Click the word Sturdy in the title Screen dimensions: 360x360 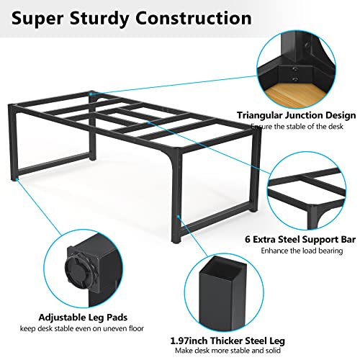[99, 19]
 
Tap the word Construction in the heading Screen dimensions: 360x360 [194, 18]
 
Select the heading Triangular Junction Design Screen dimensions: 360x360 [296, 115]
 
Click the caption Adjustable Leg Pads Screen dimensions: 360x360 [83, 318]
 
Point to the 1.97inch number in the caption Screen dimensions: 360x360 [189, 341]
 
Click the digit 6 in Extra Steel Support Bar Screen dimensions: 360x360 [248, 239]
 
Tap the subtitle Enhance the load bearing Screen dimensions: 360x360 [302, 251]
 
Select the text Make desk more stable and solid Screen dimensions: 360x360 [228, 351]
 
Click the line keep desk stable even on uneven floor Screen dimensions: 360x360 [82, 328]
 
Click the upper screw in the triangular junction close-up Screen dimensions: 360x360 [295, 69]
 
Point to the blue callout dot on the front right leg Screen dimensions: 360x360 [179, 216]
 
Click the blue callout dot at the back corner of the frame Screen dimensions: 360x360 [91, 94]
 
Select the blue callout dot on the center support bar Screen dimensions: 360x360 [149, 122]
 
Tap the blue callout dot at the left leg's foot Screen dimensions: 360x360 [17, 179]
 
